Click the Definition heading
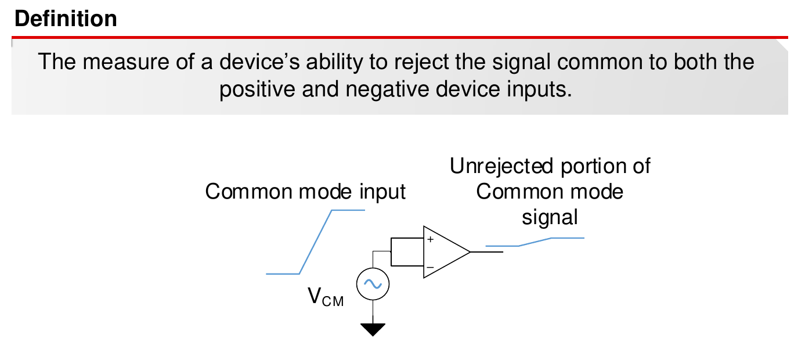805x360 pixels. pyautogui.click(x=65, y=19)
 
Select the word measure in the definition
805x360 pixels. pyautogui.click(x=122, y=62)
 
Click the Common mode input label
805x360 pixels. pyautogui.click(x=305, y=192)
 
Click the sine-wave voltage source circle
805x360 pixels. pyautogui.click(x=372, y=284)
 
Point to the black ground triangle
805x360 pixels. pyautogui.click(x=372, y=329)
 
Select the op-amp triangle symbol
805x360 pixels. pyautogui.click(x=444, y=252)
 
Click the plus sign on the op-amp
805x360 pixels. pyautogui.click(x=430, y=239)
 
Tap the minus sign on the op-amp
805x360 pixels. pyautogui.click(x=430, y=268)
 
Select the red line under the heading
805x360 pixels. pyautogui.click(x=400, y=38)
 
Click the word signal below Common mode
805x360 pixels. pyautogui.click(x=550, y=217)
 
